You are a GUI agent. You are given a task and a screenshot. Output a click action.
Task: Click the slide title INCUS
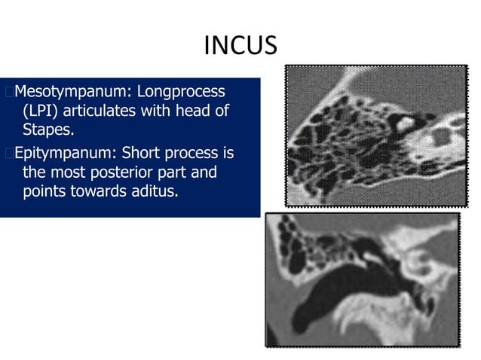click(240, 47)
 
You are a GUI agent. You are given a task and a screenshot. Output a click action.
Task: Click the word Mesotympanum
click(63, 93)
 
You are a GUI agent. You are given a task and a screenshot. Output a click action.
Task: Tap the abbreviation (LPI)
click(40, 111)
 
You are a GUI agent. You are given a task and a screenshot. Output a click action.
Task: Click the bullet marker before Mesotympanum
click(8, 93)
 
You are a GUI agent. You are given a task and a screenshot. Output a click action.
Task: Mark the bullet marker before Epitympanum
click(8, 154)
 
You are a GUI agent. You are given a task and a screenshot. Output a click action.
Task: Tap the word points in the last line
click(44, 191)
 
